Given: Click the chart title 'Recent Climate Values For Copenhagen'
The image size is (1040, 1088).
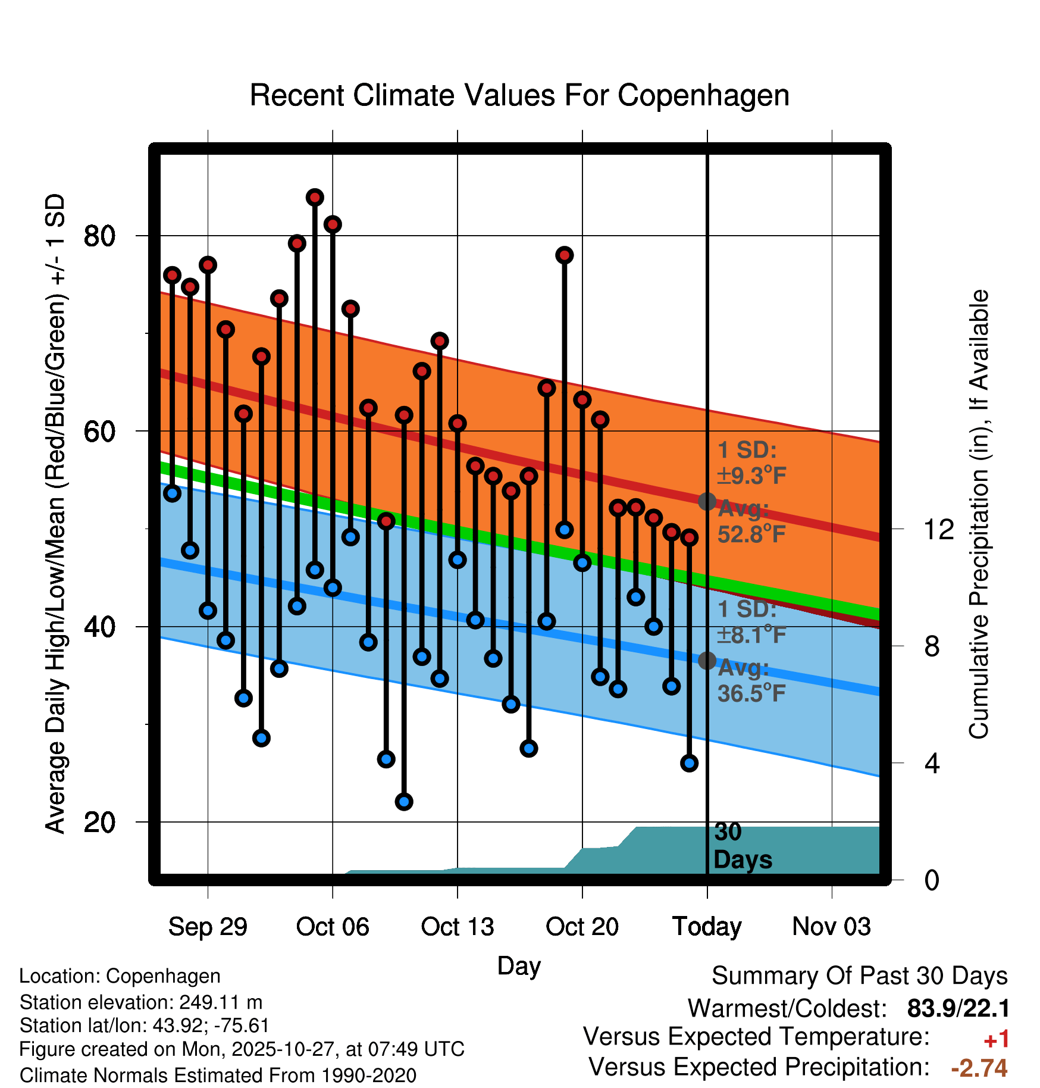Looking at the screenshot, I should pyautogui.click(x=519, y=95).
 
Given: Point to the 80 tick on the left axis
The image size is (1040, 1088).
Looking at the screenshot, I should pyautogui.click(x=99, y=236).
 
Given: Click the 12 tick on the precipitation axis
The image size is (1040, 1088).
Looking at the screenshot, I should pyautogui.click(x=938, y=529).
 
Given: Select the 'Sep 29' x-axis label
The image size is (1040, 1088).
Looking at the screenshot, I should pyautogui.click(x=208, y=927).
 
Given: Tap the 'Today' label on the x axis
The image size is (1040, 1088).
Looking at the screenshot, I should pyautogui.click(x=707, y=927).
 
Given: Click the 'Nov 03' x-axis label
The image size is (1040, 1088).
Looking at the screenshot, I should pyautogui.click(x=831, y=927).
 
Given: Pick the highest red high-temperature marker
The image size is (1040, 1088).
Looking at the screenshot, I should pyautogui.click(x=315, y=197).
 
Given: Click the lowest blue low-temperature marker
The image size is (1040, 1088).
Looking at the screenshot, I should pyautogui.click(x=404, y=802).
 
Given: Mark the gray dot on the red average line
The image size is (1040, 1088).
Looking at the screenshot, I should pyautogui.click(x=707, y=502).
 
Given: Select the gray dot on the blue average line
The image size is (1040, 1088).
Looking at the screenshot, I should pyautogui.click(x=707, y=660).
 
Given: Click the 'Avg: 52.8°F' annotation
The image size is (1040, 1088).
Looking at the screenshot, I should pyautogui.click(x=751, y=522).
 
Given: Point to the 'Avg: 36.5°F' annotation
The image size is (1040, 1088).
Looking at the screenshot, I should pyautogui.click(x=751, y=681).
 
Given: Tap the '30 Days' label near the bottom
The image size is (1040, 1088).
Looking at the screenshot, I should pyautogui.click(x=742, y=846).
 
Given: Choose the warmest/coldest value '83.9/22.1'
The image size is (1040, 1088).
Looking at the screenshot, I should pyautogui.click(x=958, y=1008).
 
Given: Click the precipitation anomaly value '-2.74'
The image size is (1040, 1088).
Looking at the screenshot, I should pyautogui.click(x=979, y=1068).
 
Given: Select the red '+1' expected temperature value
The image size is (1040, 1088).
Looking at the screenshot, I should pyautogui.click(x=996, y=1039).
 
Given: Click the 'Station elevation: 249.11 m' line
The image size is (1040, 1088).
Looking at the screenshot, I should pyautogui.click(x=141, y=1002).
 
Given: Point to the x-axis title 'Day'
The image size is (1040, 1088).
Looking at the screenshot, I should pyautogui.click(x=519, y=965).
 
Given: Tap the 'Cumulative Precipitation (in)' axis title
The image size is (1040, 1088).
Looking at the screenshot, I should pyautogui.click(x=979, y=514).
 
